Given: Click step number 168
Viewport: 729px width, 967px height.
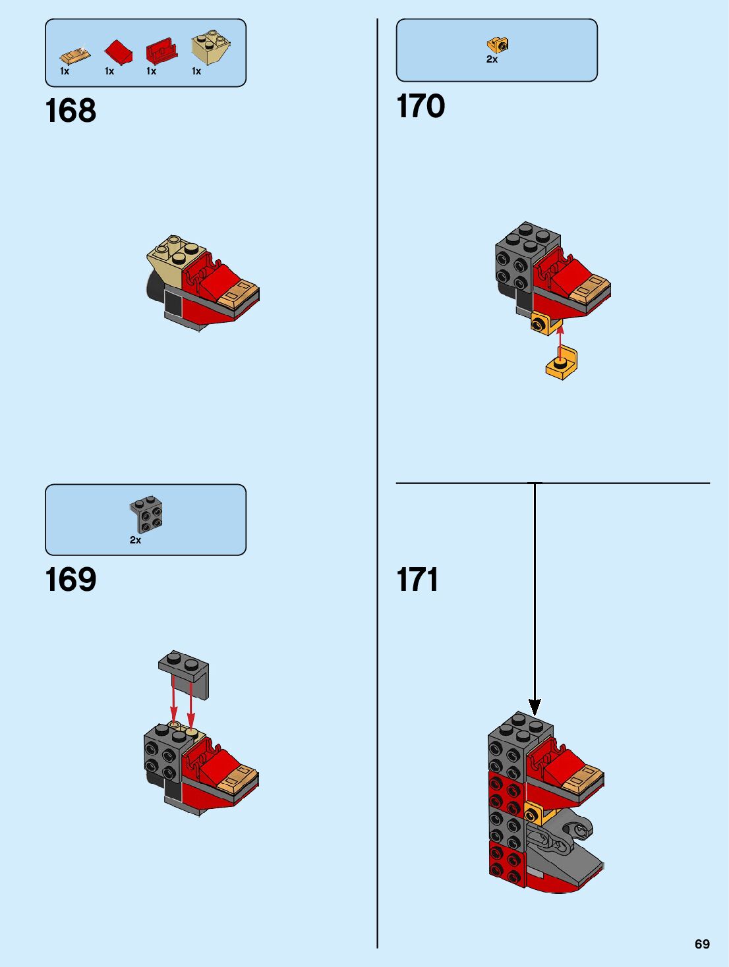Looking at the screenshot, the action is (71, 111).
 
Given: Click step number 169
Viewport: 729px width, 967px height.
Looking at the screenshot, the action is (71, 580).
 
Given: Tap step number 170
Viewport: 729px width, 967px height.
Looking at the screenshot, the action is (421, 106).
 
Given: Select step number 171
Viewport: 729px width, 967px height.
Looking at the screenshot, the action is (417, 580).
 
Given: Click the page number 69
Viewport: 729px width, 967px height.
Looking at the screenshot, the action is (702, 944).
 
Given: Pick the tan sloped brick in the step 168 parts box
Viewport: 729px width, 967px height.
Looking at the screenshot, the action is (210, 47).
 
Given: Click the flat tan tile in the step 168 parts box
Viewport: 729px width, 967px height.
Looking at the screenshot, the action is (74, 54).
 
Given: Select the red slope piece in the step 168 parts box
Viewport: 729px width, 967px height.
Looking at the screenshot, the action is (118, 51).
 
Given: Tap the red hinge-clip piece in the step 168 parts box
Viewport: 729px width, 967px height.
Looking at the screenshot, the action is (161, 50).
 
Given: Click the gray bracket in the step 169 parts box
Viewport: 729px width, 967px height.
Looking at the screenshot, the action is (147, 514).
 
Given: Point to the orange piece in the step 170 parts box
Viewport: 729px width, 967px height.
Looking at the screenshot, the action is (498, 45).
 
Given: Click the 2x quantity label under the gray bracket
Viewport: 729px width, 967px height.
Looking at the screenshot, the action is (135, 540).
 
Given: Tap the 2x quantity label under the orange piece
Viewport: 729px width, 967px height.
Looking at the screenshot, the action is (492, 59).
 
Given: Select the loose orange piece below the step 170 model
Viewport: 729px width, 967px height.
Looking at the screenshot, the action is (562, 364).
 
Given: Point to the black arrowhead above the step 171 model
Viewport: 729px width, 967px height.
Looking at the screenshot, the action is (535, 707).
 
